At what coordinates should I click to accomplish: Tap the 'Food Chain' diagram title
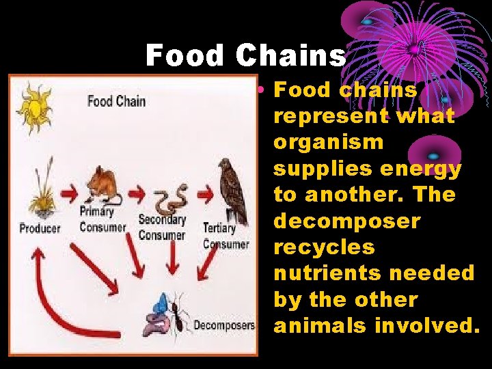116,102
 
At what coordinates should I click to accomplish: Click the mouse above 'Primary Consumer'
102,185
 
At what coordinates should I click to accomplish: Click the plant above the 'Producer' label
40,192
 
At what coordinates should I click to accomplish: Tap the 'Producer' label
40,228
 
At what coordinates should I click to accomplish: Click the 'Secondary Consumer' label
161,228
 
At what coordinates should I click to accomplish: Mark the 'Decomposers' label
223,325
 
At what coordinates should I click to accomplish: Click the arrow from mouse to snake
136,194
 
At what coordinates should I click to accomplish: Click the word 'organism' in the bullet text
329,143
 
